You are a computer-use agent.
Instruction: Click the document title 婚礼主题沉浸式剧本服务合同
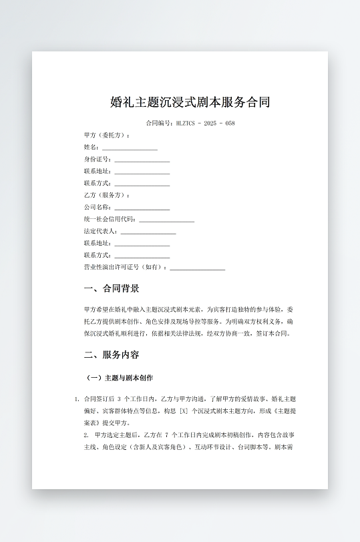(x=190, y=102)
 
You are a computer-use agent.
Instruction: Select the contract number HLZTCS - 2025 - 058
(x=205, y=123)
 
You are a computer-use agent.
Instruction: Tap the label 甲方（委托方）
(x=106, y=135)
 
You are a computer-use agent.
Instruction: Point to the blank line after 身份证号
(x=142, y=160)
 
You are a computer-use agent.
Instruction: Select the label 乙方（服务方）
(x=106, y=196)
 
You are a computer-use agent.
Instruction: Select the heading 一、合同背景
(x=112, y=289)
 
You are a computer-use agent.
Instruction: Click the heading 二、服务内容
(x=112, y=354)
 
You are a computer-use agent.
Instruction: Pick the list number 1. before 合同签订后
(x=77, y=399)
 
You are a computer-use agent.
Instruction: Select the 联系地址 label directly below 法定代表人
(x=98, y=244)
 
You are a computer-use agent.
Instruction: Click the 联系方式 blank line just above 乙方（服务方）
(x=142, y=184)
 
